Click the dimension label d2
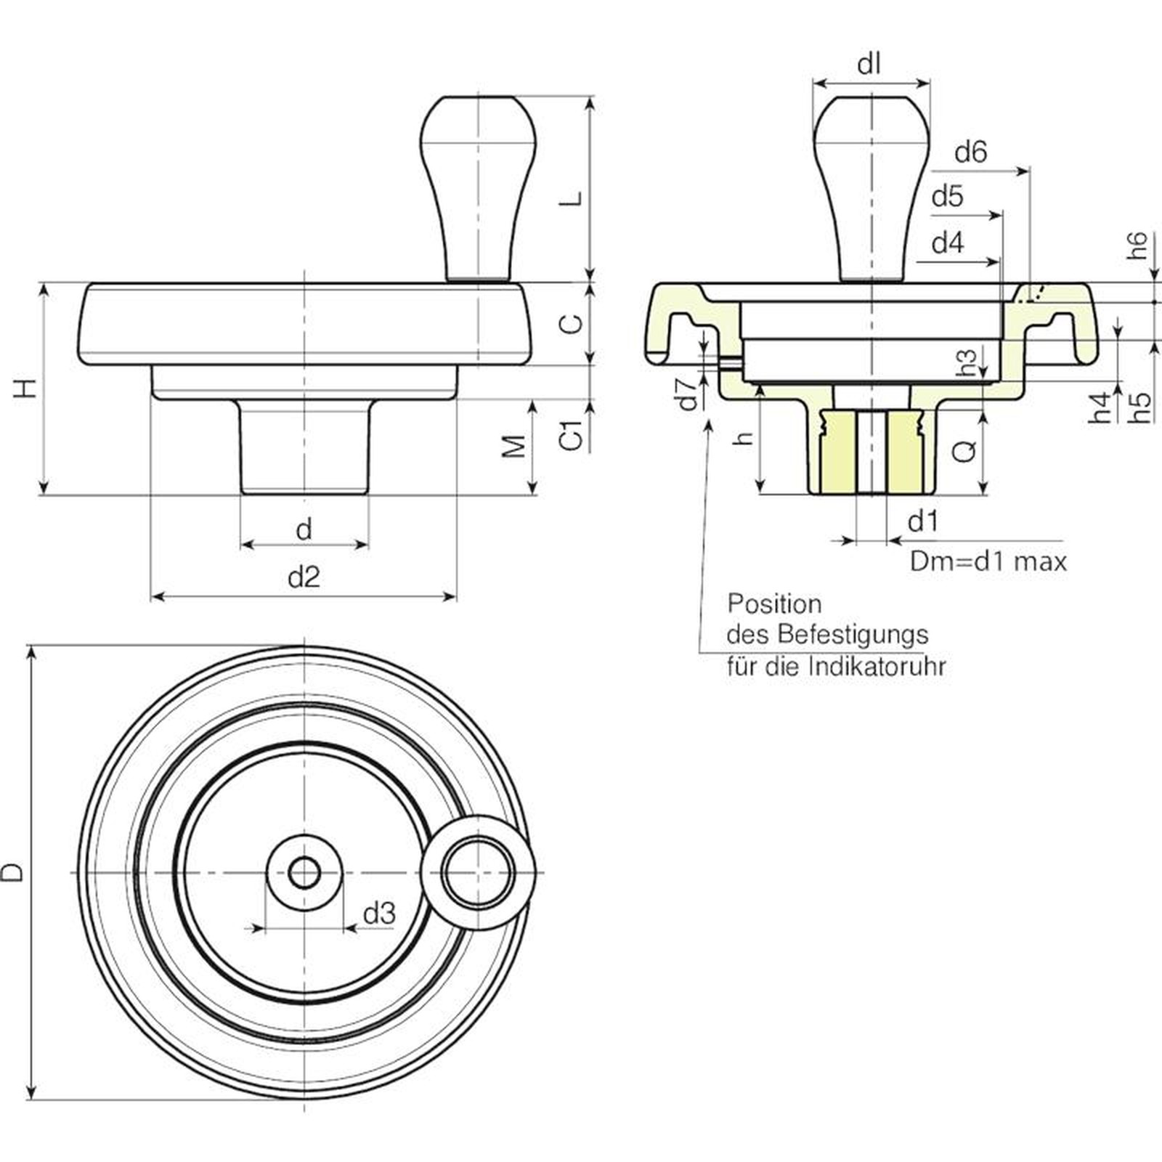click(x=304, y=577)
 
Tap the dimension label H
click(x=26, y=388)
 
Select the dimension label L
click(x=574, y=198)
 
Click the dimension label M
click(x=514, y=446)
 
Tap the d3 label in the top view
click(x=379, y=913)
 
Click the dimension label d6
click(x=970, y=153)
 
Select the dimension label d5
click(x=948, y=196)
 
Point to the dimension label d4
click(x=948, y=243)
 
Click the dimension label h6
click(x=1138, y=245)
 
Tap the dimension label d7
click(x=688, y=393)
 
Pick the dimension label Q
click(x=964, y=452)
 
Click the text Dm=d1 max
click(x=988, y=561)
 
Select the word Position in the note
click(x=774, y=604)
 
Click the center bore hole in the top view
click(x=304, y=872)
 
